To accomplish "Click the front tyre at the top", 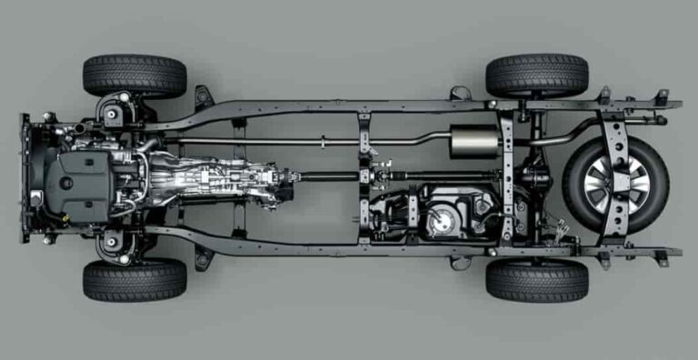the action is click(135, 75).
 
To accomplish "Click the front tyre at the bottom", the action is click(135, 281).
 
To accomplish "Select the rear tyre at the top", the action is click(536, 75).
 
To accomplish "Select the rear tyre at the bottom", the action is click(536, 281).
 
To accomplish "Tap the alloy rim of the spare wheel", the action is click(615, 184).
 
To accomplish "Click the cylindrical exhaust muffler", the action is click(475, 142).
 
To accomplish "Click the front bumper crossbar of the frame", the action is click(25, 178).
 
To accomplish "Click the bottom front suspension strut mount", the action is click(113, 243).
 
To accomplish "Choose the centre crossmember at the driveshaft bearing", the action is click(364, 175).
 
